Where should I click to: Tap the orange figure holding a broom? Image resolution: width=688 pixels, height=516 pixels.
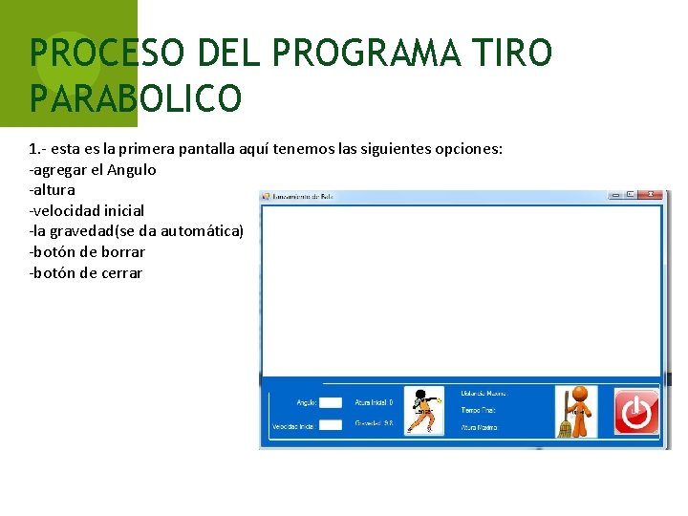point(576,412)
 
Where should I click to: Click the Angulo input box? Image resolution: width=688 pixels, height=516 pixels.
point(330,403)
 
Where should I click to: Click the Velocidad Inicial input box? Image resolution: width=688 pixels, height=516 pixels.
point(330,425)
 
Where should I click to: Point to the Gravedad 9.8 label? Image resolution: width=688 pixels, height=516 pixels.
point(374,422)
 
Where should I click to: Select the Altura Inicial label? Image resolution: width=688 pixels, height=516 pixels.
point(374,402)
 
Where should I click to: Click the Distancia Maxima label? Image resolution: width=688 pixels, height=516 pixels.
point(484,393)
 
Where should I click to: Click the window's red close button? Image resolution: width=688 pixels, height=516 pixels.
point(654,195)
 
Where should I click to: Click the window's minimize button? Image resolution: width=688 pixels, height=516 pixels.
point(616,195)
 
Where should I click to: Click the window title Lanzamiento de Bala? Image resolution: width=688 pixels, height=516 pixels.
point(301,196)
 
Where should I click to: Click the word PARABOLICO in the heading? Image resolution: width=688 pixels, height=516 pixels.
point(136,97)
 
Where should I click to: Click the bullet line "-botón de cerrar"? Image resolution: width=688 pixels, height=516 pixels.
point(86,273)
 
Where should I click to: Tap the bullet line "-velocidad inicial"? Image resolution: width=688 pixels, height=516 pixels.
point(87,210)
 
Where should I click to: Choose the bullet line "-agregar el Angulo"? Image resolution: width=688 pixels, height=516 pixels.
point(93,169)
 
